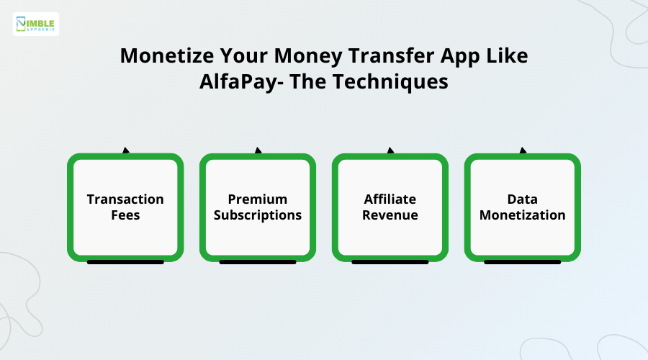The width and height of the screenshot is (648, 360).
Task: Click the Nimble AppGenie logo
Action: click(36, 24)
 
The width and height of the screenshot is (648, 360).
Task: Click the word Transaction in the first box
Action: click(125, 199)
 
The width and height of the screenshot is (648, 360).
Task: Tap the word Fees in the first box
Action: click(125, 215)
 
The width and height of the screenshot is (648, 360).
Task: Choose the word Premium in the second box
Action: click(258, 199)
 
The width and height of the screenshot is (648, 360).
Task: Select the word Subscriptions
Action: click(258, 215)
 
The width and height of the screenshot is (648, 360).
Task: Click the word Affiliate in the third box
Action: click(390, 199)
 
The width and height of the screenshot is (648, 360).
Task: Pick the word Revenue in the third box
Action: click(390, 215)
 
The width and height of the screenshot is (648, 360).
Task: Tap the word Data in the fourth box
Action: click(523, 199)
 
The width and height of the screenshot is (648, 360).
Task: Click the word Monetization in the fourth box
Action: click(523, 215)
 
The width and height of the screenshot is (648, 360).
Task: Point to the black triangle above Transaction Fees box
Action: click(126, 150)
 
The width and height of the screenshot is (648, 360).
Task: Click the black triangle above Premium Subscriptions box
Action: click(258, 150)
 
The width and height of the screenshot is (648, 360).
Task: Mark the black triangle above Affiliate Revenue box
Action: click(391, 150)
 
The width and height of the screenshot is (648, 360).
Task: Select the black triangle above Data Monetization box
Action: click(523, 150)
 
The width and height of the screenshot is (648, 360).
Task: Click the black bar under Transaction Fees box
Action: click(125, 262)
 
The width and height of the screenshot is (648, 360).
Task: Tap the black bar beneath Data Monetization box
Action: click(523, 262)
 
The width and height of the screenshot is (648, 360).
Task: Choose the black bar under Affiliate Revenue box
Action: click(390, 262)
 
